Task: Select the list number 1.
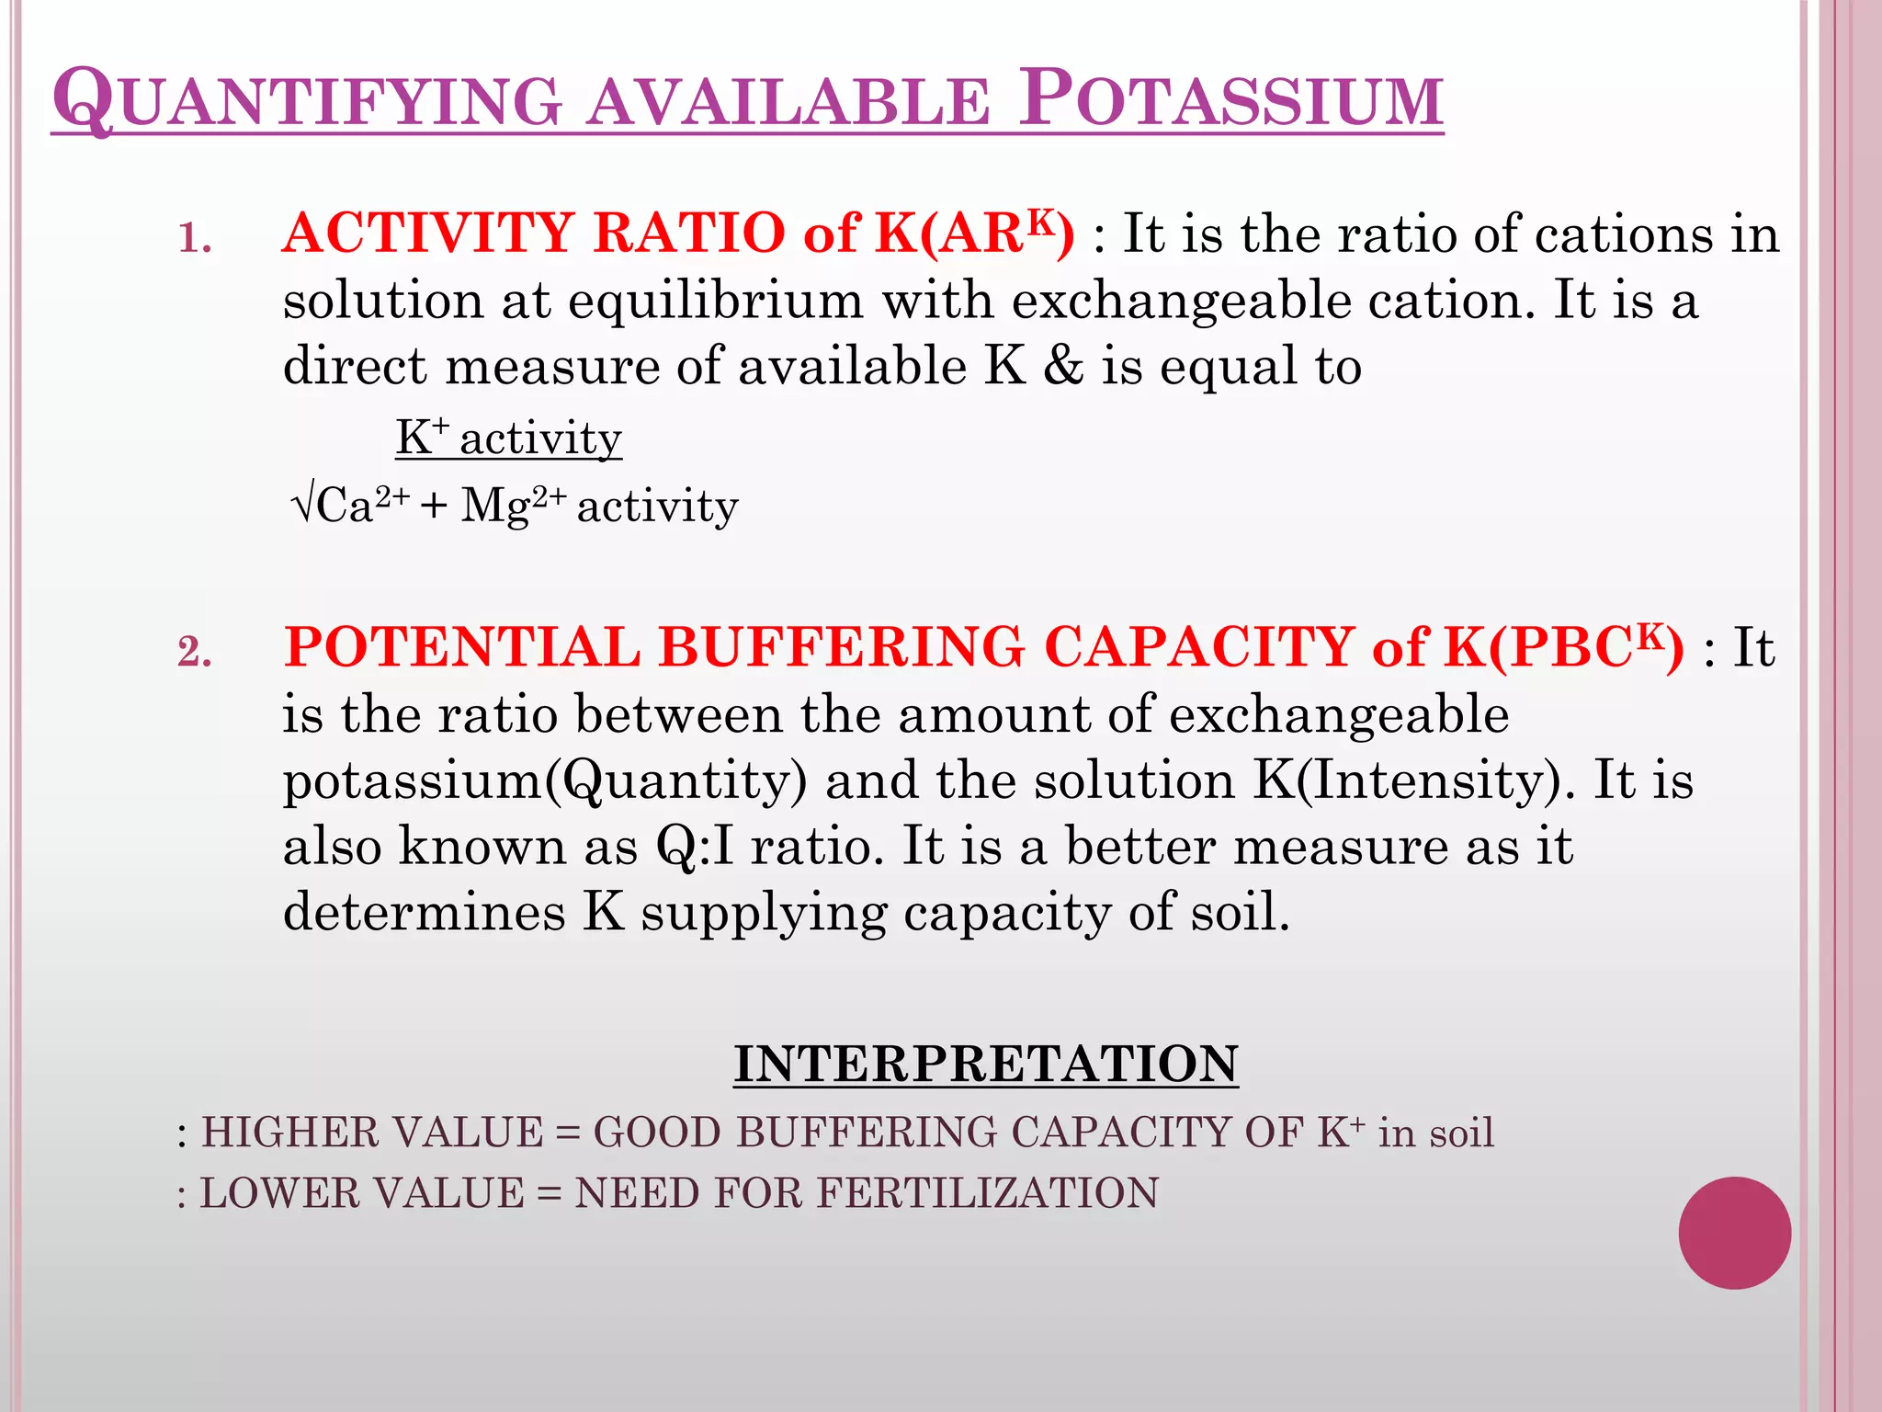(195, 238)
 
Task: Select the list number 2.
(195, 652)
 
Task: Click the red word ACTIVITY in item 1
(428, 233)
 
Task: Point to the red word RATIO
(688, 233)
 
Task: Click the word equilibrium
(716, 301)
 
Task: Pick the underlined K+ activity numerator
(508, 438)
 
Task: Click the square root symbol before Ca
(302, 505)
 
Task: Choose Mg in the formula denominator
(494, 507)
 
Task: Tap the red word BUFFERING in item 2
(841, 646)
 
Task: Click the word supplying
(764, 914)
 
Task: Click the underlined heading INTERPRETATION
(985, 1064)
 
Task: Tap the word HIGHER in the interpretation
(280, 1132)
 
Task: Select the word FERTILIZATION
(988, 1193)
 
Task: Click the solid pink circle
(1734, 1233)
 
